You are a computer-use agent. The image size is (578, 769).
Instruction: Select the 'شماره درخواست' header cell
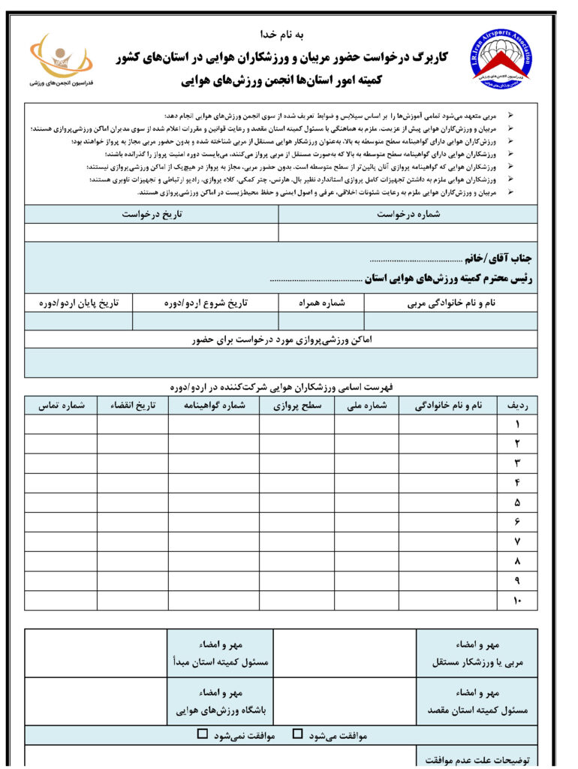tap(408, 214)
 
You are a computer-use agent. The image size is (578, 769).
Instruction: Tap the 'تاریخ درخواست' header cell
tap(152, 214)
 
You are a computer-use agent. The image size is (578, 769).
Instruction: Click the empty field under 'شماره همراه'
tap(321, 321)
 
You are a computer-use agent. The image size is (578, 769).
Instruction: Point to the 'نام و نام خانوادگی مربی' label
tap(451, 303)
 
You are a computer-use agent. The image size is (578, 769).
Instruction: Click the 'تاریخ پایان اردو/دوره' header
tap(79, 303)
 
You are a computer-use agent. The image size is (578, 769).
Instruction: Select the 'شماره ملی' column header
tap(366, 405)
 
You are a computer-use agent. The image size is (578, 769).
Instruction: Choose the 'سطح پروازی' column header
tap(297, 405)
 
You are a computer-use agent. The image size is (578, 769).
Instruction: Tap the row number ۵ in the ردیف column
tap(517, 502)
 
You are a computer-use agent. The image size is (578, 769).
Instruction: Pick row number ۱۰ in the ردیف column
tap(516, 600)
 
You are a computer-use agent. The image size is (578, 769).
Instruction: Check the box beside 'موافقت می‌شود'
tap(298, 734)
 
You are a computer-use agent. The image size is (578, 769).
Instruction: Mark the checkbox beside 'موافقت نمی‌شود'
tap(202, 734)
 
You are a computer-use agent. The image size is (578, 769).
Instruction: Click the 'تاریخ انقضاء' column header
tap(132, 405)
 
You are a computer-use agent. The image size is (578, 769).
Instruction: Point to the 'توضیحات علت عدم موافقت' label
tap(477, 759)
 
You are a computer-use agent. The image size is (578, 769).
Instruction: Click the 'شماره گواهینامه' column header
tap(214, 405)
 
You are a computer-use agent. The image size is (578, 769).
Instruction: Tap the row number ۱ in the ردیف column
tap(517, 424)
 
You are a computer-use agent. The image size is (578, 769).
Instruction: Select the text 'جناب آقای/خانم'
tap(498, 258)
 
